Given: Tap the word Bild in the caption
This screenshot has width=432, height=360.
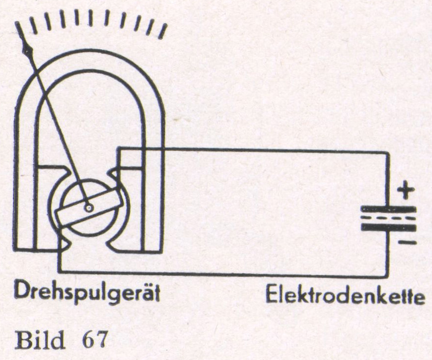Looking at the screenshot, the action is [40, 339].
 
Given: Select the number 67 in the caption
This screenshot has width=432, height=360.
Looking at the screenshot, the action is [93, 340].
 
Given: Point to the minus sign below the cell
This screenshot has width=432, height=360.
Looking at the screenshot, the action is [407, 242].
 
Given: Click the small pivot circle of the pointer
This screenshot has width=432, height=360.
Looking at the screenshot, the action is [89, 208].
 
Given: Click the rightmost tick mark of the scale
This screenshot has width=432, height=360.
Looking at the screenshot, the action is [163, 32].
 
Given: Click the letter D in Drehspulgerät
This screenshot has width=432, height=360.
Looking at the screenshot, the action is [21, 291].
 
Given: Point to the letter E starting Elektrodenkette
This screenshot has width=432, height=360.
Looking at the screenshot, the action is [272, 295].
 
